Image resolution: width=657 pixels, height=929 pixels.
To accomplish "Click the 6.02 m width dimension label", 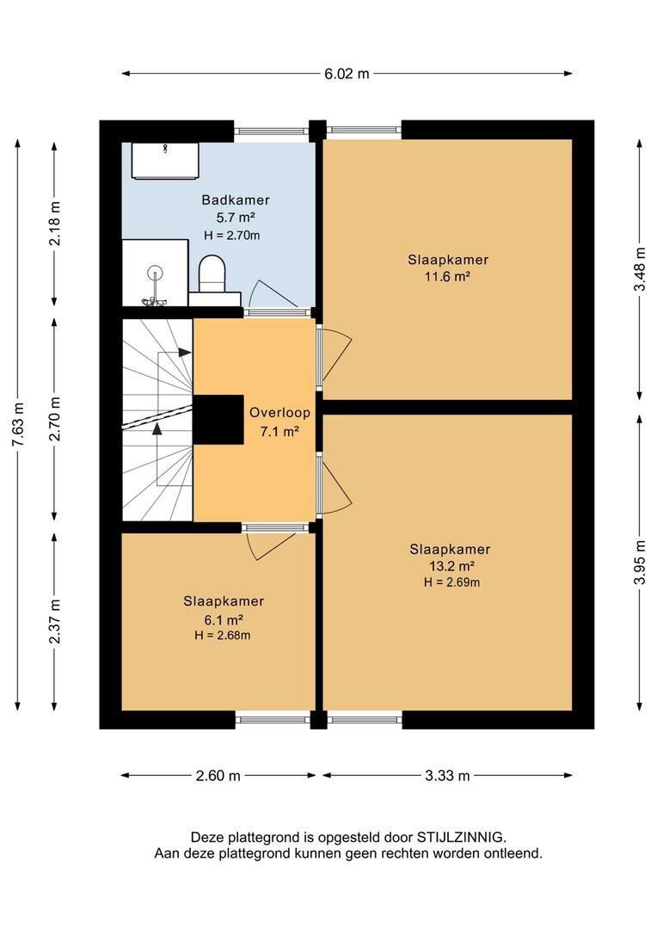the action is tap(347, 73).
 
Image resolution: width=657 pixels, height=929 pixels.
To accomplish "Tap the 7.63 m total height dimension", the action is tap(18, 425).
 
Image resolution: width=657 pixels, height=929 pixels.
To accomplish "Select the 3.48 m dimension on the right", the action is tap(639, 268).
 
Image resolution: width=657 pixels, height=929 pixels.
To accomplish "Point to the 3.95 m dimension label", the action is tap(639, 562).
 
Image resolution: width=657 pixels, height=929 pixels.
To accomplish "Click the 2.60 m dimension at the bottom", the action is tap(218, 776).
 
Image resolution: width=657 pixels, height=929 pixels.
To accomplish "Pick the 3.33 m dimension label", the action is tap(447, 776).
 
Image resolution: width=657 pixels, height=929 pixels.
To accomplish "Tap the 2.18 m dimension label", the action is tap(55, 224).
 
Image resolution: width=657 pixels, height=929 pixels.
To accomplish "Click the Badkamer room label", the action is tap(236, 200).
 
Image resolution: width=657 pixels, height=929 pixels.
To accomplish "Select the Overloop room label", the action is tap(279, 412).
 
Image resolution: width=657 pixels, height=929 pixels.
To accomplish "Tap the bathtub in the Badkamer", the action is tap(164, 160).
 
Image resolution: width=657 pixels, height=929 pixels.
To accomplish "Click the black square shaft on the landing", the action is tap(218, 420).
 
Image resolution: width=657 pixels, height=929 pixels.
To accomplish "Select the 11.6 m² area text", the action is tap(447, 276).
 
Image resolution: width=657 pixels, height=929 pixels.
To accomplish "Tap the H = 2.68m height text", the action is tap(222, 636).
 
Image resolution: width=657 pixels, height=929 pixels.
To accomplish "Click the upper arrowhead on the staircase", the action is tap(185, 353).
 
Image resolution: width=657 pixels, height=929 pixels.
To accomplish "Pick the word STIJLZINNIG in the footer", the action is tap(461, 837).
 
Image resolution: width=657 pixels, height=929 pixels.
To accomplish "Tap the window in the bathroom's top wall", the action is tap(272, 131).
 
